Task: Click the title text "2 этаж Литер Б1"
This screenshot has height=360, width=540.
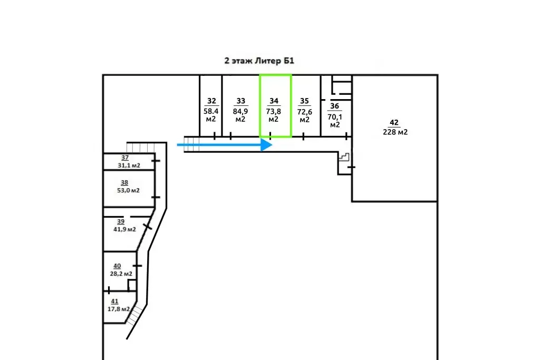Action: [x=259, y=61]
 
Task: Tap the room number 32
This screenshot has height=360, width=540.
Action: [x=211, y=101]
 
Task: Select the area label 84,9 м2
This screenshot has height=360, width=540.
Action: [x=240, y=115]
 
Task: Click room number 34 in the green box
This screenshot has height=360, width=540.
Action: [x=274, y=101]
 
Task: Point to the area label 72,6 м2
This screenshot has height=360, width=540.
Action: [x=304, y=115]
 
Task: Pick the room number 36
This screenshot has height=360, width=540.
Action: [x=334, y=106]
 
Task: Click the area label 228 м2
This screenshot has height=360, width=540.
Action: [x=395, y=132]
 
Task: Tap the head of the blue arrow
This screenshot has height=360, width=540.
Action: [x=266, y=145]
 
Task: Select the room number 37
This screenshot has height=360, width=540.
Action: [x=124, y=158]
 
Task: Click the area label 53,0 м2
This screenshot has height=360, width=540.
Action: [x=129, y=190]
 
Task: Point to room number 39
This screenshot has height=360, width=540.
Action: [x=121, y=221]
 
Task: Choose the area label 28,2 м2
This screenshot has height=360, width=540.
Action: [x=121, y=274]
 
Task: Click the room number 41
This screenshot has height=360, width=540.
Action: [x=114, y=301]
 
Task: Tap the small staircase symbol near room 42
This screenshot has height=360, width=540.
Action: [x=344, y=157]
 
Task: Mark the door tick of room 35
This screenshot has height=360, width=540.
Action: [x=303, y=137]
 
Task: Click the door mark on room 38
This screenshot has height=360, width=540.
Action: [x=156, y=197]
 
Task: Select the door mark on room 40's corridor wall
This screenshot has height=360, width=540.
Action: [x=137, y=266]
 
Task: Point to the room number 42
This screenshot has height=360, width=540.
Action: [x=394, y=122]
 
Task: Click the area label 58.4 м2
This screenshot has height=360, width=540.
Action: [x=211, y=115]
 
